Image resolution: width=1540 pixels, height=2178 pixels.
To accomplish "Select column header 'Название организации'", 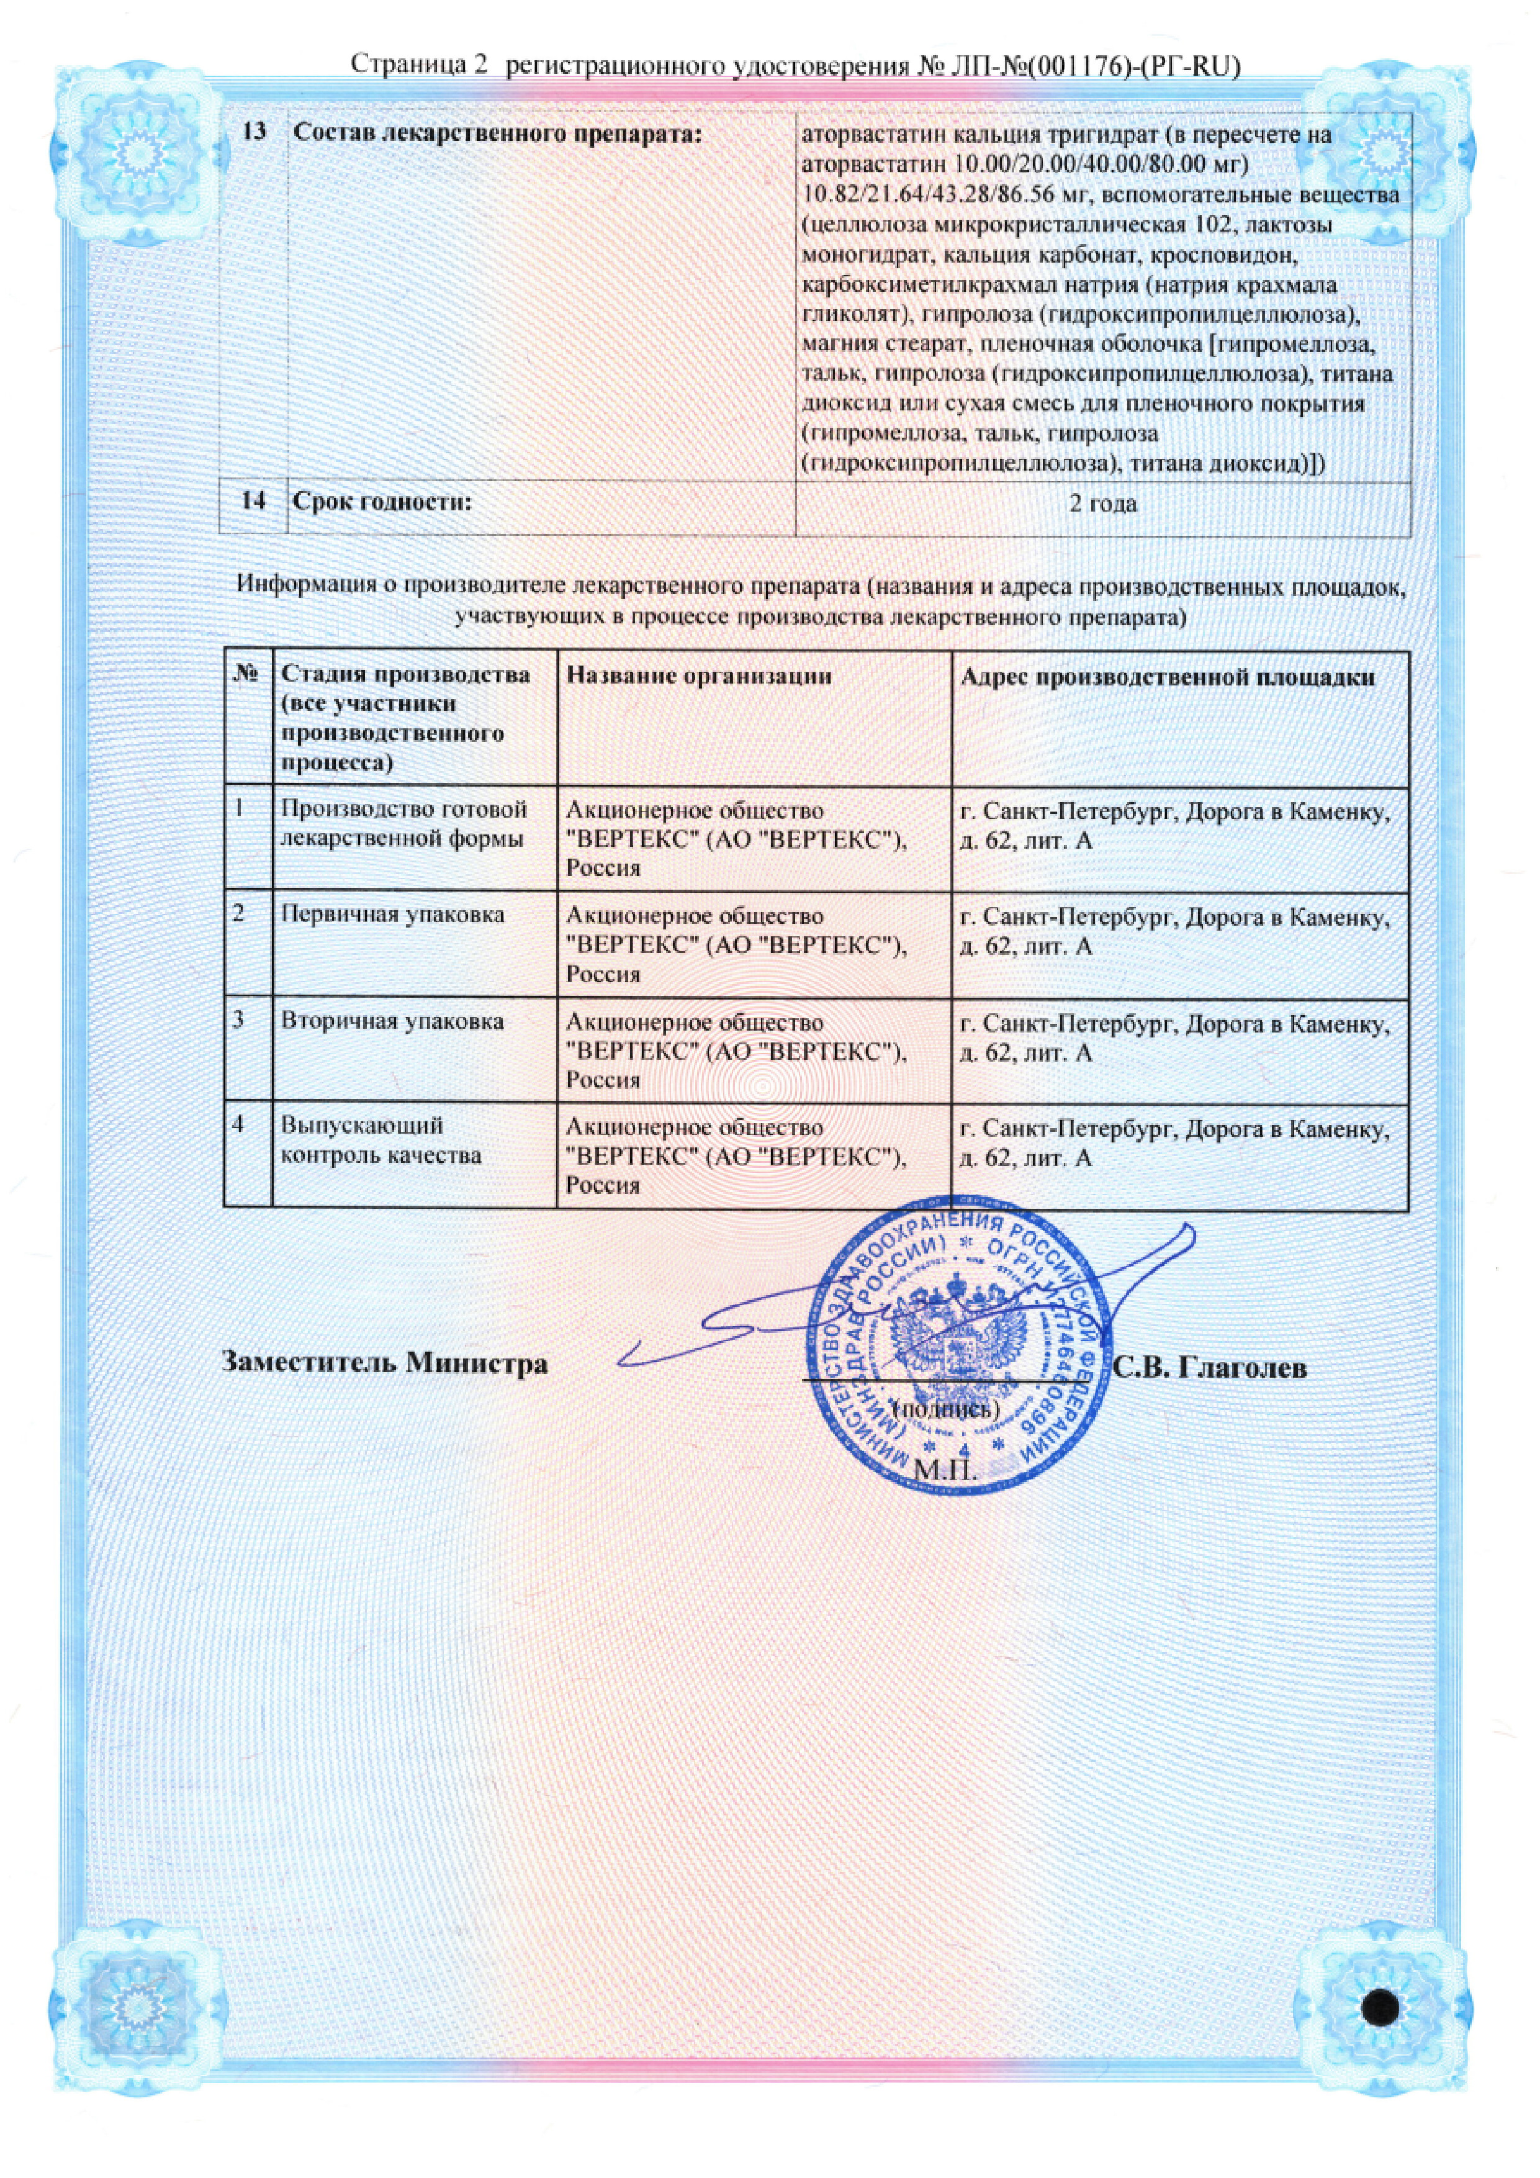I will tap(699, 676).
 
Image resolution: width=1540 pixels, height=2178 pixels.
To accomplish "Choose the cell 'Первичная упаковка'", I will tap(392, 915).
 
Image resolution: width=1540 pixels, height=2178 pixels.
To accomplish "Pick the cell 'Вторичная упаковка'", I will tap(392, 1022).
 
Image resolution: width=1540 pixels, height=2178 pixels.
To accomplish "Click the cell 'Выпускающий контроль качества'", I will tap(381, 1141).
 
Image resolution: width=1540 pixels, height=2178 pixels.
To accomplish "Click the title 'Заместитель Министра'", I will tap(385, 1363).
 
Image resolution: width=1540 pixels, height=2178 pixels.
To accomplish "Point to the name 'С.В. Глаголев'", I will tap(1210, 1368).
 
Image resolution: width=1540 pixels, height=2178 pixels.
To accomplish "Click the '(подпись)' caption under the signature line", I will tap(947, 1409).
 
